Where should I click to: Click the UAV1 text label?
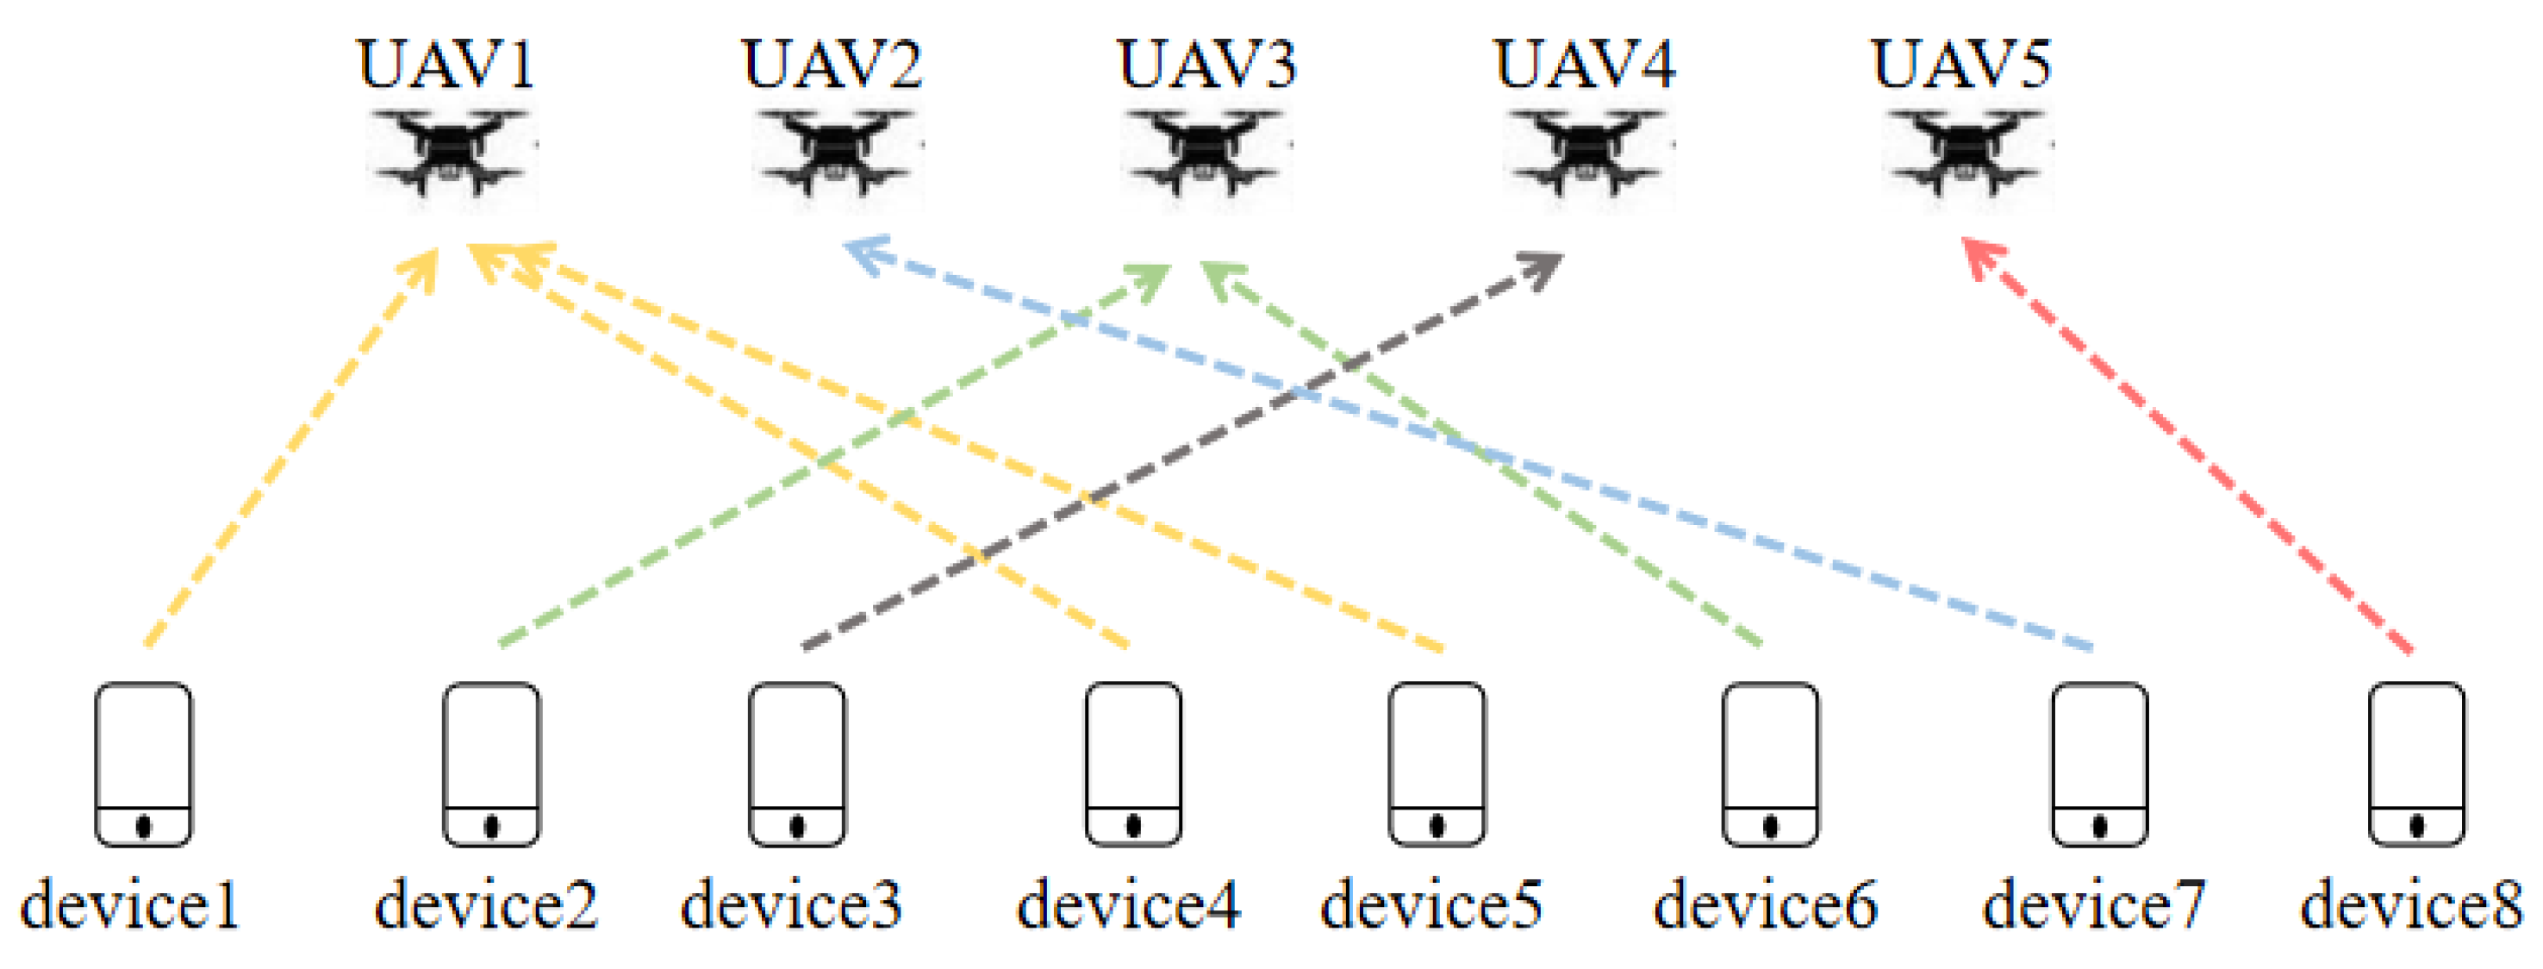pos(446,66)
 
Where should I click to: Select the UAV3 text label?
pos(1206,66)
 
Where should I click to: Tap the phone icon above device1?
pos(143,764)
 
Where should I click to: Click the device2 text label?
pos(486,903)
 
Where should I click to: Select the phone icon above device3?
pos(796,764)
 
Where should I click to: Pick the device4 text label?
pos(1127,903)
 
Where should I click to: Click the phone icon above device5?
pos(1437,764)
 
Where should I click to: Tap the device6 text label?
pos(1765,903)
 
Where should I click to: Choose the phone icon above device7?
pos(2100,764)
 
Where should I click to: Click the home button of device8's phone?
pos(2416,825)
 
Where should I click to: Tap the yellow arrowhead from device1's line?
pos(425,266)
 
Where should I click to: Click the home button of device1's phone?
pos(143,825)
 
